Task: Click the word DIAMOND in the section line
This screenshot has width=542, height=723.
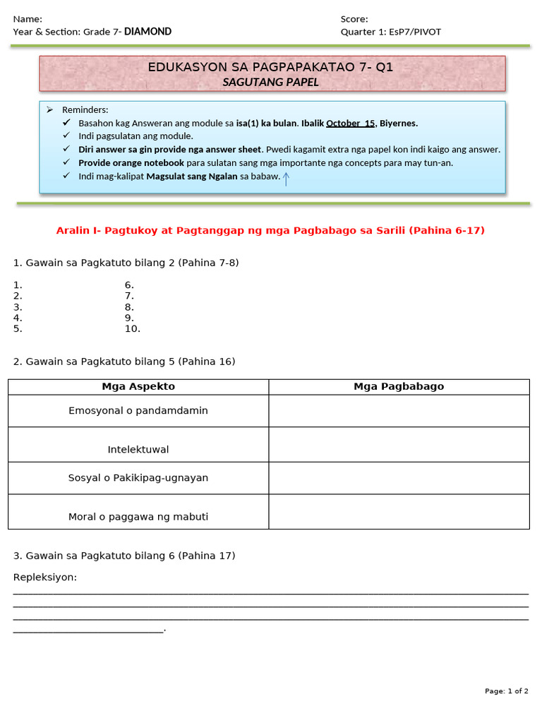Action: pos(148,32)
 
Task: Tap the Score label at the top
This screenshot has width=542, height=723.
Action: pos(354,20)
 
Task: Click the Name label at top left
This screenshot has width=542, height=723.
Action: pos(28,20)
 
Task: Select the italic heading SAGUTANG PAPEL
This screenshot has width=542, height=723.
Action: pos(271,82)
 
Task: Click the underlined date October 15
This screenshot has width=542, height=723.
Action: pos(350,123)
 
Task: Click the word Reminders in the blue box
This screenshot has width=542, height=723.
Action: pos(85,110)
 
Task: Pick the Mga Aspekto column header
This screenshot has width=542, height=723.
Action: pos(138,387)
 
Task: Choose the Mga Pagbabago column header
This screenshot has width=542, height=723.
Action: pos(399,387)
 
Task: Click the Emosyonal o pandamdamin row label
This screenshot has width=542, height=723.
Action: pos(138,411)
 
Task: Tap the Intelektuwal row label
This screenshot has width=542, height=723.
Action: pos(138,450)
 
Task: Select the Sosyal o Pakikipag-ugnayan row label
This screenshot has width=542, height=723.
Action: pos(138,478)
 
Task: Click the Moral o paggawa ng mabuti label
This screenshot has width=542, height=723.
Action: pos(138,517)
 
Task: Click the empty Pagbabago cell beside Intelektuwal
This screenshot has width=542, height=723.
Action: pos(399,445)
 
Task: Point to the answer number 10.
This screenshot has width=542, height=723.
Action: pos(133,329)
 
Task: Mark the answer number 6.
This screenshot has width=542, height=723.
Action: pos(130,285)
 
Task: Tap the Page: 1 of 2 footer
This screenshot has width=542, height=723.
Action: pos(507,691)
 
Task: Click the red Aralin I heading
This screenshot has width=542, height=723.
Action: pos(270,231)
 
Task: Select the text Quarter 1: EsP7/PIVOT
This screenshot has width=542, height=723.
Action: pos(391,32)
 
